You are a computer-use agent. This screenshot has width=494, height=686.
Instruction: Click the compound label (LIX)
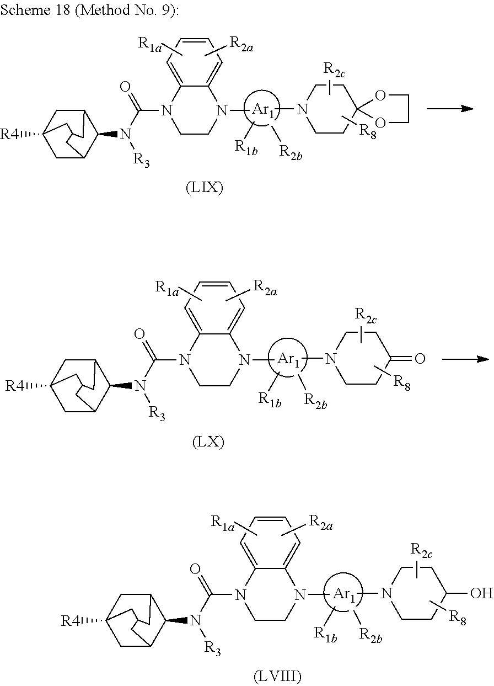(x=204, y=189)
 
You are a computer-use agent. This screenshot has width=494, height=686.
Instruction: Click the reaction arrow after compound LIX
(x=450, y=109)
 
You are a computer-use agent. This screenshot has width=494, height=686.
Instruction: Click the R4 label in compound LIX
(x=12, y=134)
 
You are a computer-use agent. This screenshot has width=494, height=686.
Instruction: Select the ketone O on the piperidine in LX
(x=420, y=359)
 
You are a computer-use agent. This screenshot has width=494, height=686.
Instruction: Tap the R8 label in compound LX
(x=404, y=385)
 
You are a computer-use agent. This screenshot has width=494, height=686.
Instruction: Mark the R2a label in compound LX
(x=265, y=286)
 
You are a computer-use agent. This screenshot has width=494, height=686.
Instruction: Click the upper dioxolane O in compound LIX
(x=379, y=96)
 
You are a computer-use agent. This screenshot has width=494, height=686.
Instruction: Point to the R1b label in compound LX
(x=270, y=399)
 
